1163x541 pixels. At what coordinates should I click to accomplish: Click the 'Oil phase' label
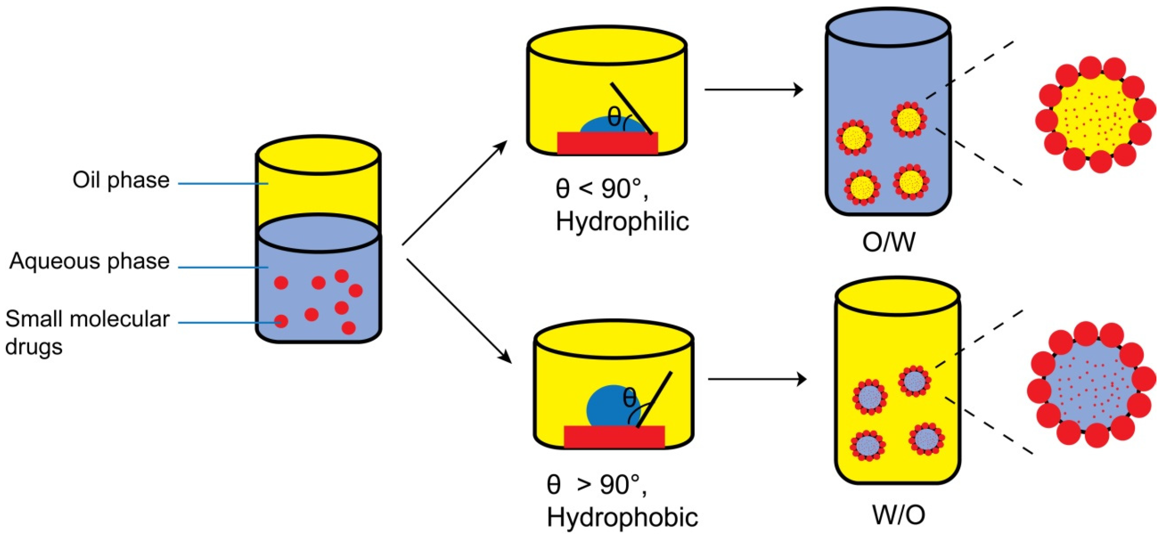click(121, 180)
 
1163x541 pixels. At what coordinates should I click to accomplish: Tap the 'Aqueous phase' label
click(89, 261)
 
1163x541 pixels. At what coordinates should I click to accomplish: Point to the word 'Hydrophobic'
click(622, 517)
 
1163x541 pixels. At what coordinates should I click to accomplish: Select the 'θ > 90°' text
click(596, 485)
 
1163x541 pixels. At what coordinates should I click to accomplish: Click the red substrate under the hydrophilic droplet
click(607, 144)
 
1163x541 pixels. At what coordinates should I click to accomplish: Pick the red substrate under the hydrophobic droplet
click(614, 436)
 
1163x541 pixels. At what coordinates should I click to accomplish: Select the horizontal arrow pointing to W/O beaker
click(757, 379)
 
